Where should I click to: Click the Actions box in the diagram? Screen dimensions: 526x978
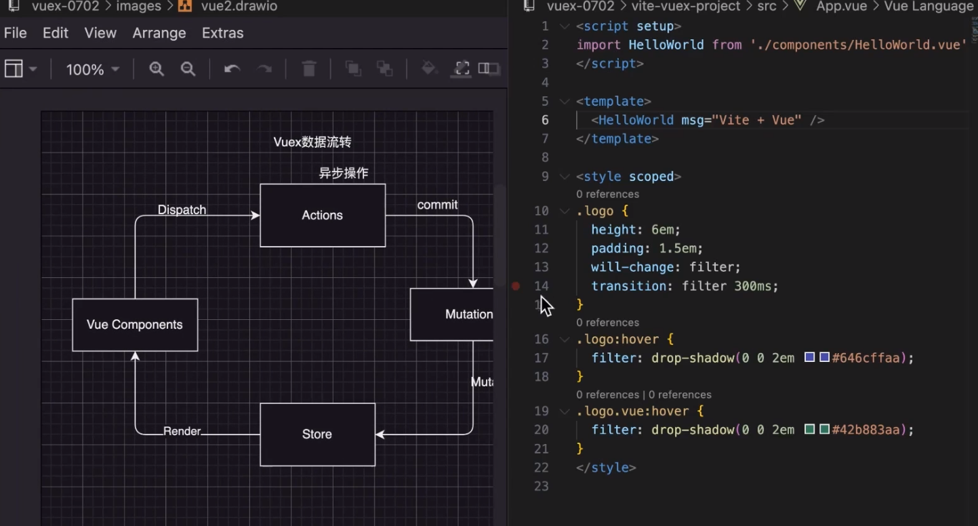pos(323,216)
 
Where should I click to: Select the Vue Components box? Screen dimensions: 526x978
pos(135,325)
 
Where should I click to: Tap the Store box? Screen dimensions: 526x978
pos(317,434)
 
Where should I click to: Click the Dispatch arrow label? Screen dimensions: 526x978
pos(182,210)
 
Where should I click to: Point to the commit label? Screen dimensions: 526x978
pos(437,205)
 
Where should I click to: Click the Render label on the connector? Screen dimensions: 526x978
pos(182,431)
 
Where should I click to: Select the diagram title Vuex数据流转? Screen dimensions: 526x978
pos(312,142)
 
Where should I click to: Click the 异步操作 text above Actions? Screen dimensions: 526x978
pos(344,174)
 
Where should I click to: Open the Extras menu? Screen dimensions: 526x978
pos(222,33)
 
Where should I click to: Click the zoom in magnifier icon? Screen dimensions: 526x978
pos(157,69)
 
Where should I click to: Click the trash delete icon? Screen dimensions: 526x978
pos(309,69)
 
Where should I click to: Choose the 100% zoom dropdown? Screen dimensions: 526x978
pos(92,69)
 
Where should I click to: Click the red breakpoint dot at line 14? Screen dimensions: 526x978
pos(516,286)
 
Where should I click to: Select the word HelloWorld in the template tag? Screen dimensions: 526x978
pos(636,120)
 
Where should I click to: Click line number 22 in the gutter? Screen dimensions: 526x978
pos(541,468)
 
